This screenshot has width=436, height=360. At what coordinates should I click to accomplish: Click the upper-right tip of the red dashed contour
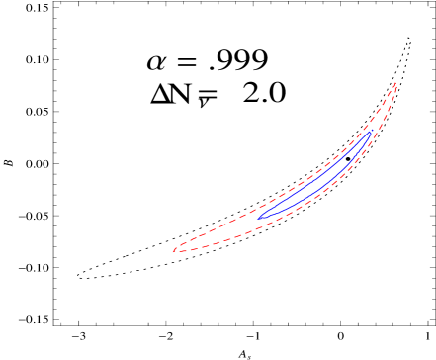point(395,83)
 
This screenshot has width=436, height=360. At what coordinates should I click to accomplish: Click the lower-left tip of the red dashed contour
point(173,251)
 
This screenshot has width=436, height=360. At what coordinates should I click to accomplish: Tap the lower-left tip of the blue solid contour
point(258,217)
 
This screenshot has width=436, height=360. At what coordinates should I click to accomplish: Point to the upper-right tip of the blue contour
point(371,132)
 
